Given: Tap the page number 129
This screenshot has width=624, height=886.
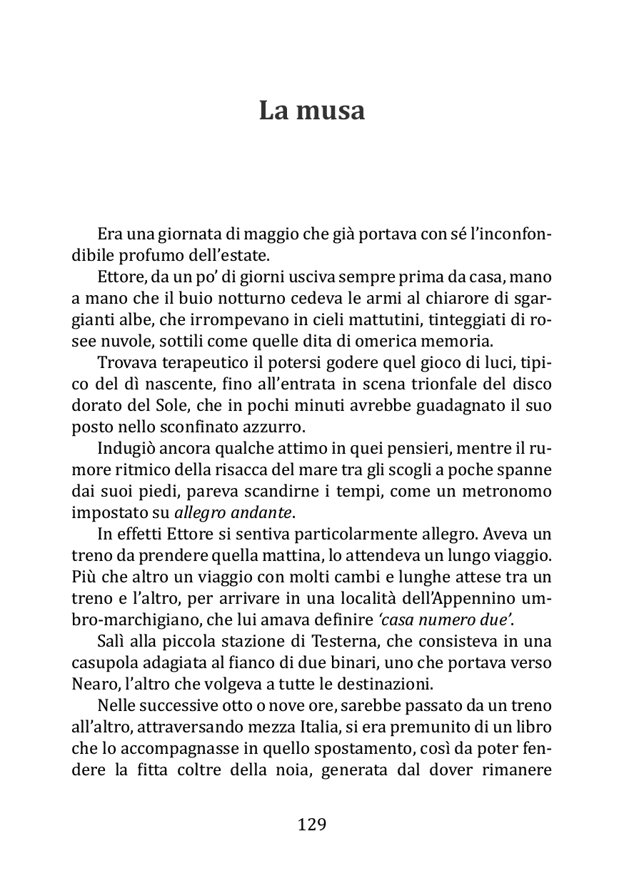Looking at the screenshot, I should coord(311,825).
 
